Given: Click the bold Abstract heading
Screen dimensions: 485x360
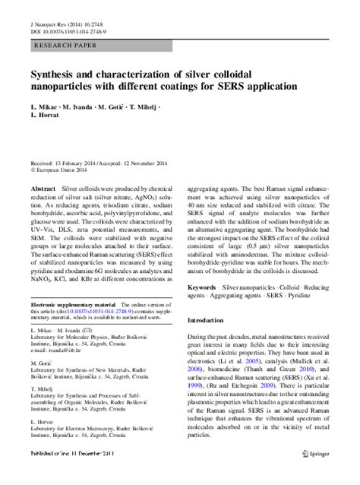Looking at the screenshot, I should tap(43, 185).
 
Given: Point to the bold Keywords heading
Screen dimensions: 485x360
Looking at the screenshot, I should tap(201, 266).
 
